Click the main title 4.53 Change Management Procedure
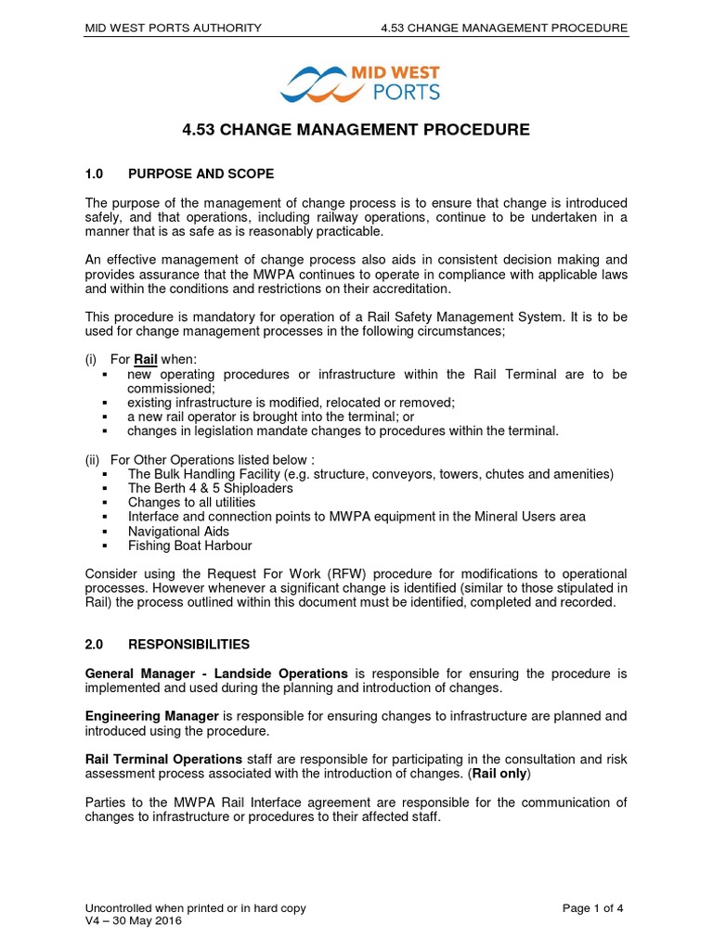(x=356, y=130)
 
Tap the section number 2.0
(x=97, y=644)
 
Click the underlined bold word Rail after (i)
(x=147, y=359)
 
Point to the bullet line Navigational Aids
(x=178, y=532)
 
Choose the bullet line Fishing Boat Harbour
(x=189, y=546)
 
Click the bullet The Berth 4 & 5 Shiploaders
(x=210, y=488)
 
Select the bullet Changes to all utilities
(x=191, y=503)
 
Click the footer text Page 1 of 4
(x=592, y=908)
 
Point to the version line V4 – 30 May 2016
(x=134, y=921)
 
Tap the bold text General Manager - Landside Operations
(x=216, y=673)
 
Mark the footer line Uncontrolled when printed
(x=195, y=908)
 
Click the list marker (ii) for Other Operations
(x=93, y=458)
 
